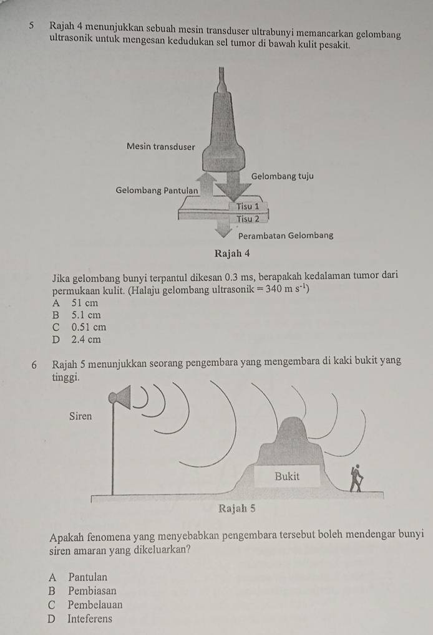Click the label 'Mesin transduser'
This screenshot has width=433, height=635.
160,146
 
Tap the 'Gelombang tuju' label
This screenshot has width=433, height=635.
282,176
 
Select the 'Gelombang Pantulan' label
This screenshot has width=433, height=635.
157,190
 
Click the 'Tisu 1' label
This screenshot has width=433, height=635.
248,206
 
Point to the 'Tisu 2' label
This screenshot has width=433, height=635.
248,219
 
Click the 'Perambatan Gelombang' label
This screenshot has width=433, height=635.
286,236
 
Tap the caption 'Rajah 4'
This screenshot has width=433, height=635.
232,254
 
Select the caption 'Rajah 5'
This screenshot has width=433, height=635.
237,508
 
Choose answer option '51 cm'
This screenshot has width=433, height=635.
85,303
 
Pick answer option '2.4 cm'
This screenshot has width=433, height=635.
86,340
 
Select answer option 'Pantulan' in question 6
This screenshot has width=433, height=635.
88,576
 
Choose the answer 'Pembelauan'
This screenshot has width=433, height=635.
95,604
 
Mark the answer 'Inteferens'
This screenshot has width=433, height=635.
90,618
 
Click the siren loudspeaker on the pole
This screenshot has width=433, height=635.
120,398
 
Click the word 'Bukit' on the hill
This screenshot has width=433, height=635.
287,476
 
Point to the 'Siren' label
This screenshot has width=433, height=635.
80,416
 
